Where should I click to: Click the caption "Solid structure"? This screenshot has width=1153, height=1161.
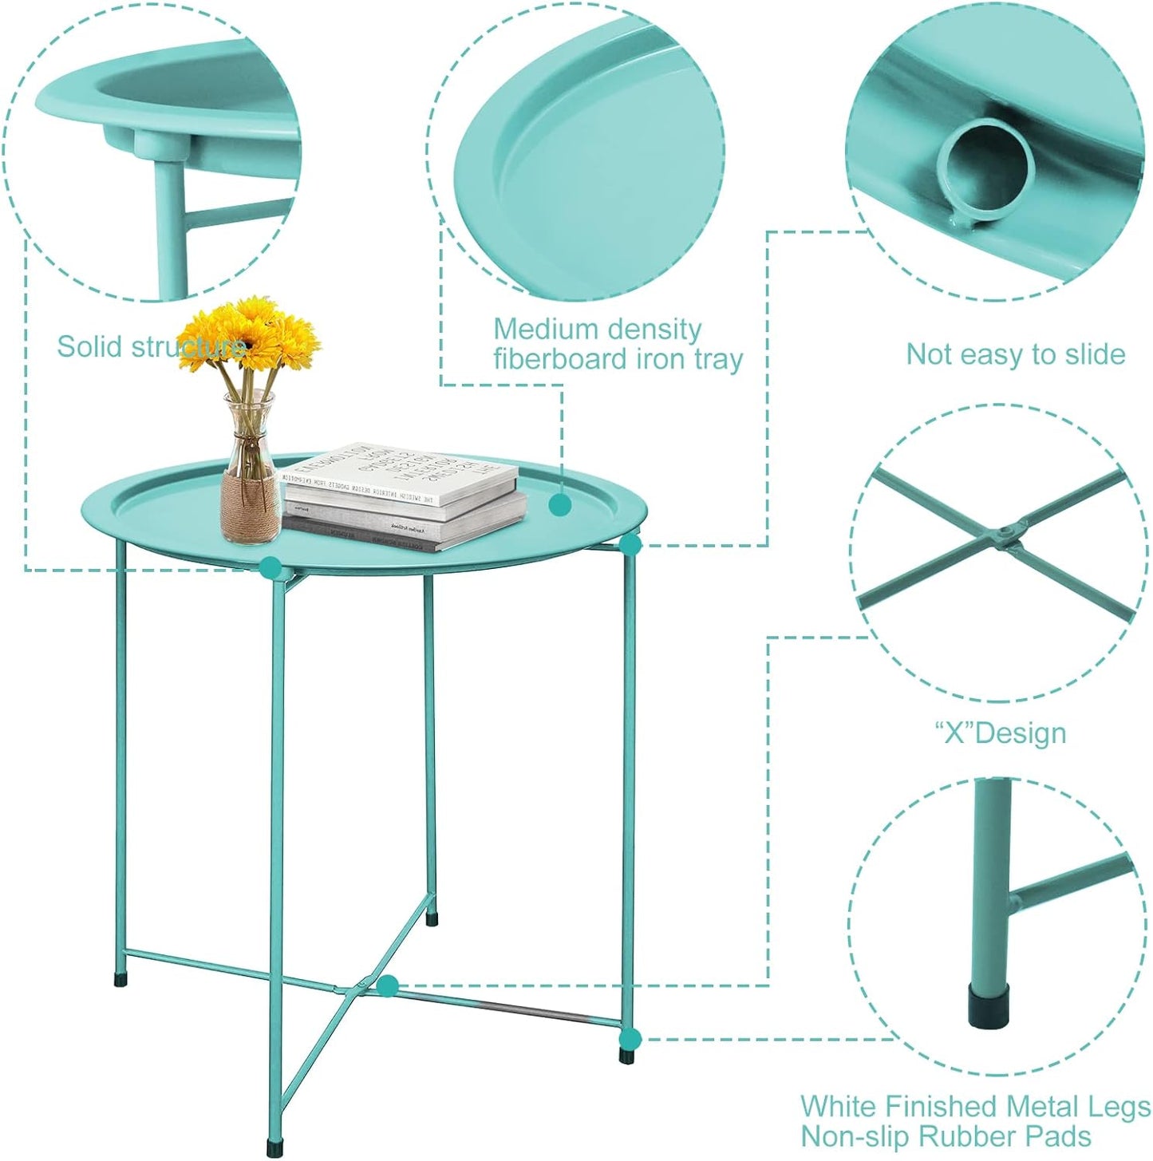click(151, 347)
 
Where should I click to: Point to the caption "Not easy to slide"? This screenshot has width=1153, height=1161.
click(1015, 354)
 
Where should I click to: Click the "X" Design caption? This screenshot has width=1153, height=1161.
click(1000, 733)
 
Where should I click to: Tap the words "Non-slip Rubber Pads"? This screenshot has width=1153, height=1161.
click(946, 1135)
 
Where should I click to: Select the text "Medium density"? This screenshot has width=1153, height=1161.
click(597, 329)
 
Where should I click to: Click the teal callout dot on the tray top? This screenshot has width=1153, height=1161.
click(560, 505)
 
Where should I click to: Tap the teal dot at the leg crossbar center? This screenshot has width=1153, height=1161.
click(388, 985)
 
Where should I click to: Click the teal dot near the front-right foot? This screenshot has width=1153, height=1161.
click(630, 1038)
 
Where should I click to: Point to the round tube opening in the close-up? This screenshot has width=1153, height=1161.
click(985, 168)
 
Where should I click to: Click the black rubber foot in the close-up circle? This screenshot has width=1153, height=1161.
click(989, 1005)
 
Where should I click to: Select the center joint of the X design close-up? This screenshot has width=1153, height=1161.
click(1007, 532)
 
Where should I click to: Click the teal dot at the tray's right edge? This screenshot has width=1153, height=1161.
click(630, 545)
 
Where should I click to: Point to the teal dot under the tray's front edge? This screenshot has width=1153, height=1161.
click(270, 567)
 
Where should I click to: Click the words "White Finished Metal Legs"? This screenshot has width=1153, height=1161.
click(975, 1106)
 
